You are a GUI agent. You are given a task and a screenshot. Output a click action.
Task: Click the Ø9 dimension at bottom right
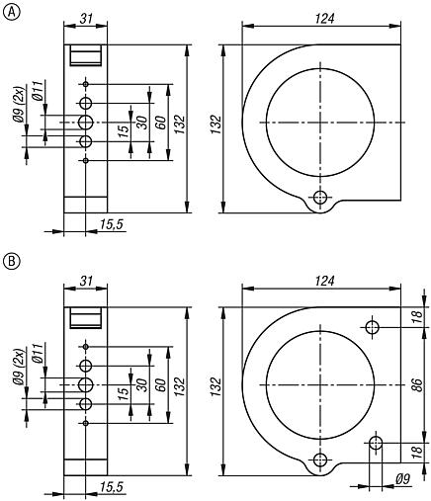click(x=402, y=479)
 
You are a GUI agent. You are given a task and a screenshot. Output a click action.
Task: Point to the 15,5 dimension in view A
click(x=111, y=225)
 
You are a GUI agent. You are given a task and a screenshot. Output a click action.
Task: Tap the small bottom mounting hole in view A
click(x=319, y=196)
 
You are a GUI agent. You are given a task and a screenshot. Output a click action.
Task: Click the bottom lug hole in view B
click(x=319, y=459)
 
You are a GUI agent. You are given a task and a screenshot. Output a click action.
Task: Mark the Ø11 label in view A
click(x=36, y=95)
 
